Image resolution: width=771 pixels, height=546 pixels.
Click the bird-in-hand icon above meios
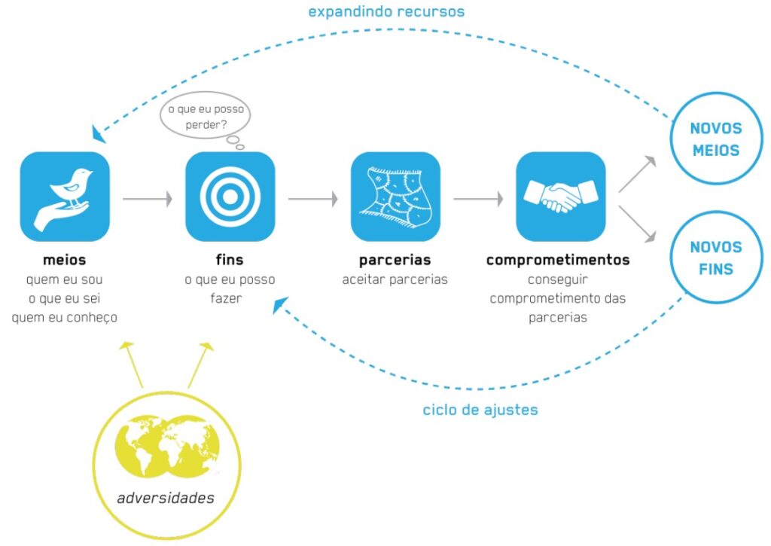click(x=65, y=197)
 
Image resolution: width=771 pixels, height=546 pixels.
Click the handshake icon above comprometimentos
click(x=560, y=197)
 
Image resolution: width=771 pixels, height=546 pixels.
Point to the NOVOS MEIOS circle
click(x=715, y=139)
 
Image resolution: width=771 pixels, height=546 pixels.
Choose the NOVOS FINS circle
click(x=715, y=258)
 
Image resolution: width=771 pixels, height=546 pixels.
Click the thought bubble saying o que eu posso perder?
click(x=206, y=117)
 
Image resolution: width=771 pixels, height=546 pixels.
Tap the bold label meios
click(x=65, y=261)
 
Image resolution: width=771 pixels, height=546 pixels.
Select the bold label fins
click(x=230, y=261)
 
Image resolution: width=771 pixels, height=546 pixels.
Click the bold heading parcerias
click(x=395, y=261)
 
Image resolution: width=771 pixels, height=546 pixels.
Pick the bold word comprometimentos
click(x=558, y=261)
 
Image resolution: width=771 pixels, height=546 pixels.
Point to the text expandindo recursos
click(x=386, y=12)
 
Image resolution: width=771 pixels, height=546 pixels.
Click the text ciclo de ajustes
click(x=480, y=410)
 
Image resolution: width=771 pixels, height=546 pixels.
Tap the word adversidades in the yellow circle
click(x=166, y=498)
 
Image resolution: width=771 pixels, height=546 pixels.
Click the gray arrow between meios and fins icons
click(x=147, y=200)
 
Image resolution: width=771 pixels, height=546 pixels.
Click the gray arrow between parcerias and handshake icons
click(x=478, y=200)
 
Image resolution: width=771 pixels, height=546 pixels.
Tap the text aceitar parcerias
click(x=395, y=280)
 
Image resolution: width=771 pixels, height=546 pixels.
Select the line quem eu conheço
click(x=65, y=318)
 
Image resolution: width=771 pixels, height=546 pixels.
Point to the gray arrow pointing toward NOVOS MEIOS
click(x=637, y=174)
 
